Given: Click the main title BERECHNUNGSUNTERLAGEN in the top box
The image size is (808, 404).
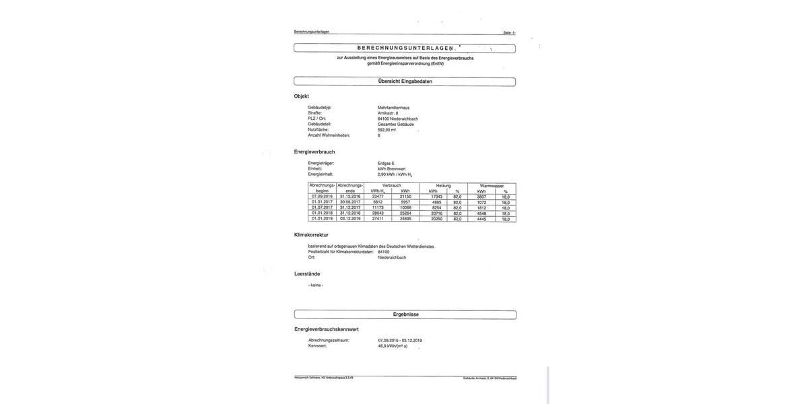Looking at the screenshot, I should [x=405, y=48].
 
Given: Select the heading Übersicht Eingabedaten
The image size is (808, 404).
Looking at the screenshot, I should [x=405, y=81].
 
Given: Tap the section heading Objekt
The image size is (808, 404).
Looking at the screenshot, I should [x=302, y=96].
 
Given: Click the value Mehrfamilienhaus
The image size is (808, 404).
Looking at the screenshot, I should [x=393, y=108].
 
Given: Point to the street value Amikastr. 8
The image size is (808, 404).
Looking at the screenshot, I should [x=388, y=113].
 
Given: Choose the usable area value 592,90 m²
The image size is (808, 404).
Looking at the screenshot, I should [x=386, y=130].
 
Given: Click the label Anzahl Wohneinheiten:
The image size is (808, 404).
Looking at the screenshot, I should [x=329, y=135].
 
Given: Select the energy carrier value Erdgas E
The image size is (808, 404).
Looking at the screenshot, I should [x=386, y=163].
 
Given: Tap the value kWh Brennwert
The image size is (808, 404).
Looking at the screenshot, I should [x=391, y=169].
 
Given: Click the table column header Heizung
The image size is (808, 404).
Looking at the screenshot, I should [x=443, y=185].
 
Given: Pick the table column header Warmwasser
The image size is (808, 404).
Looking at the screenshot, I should [x=492, y=185].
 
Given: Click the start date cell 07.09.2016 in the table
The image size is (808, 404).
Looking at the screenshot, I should [x=322, y=197].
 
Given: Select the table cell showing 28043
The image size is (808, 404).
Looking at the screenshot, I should [x=378, y=213].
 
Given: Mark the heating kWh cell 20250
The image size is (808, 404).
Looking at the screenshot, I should [x=436, y=219].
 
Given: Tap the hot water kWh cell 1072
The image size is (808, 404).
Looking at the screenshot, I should [x=481, y=202].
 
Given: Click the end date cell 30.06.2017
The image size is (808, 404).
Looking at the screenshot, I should [x=350, y=202].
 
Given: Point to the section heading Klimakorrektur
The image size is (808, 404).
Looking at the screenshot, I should [x=311, y=235].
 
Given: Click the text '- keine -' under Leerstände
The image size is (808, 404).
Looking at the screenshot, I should [x=316, y=285].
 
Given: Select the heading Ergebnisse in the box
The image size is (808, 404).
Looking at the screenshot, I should [x=405, y=314].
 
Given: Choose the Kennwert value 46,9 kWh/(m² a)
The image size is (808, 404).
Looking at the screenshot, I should [x=393, y=346].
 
